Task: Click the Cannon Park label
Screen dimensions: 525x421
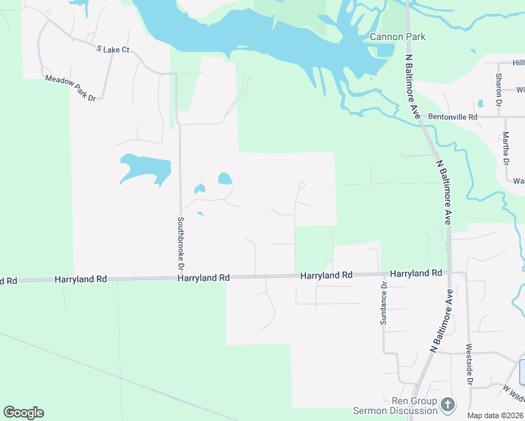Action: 398,36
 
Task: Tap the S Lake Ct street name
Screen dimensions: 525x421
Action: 113,49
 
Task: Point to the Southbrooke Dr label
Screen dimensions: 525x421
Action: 180,243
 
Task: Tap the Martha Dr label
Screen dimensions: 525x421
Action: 505,149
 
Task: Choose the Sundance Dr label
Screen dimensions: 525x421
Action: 384,303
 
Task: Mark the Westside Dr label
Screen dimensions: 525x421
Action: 469,368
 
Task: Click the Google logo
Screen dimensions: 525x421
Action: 23,413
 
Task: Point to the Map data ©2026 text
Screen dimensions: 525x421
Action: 495,415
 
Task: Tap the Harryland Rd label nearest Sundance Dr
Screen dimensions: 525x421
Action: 416,273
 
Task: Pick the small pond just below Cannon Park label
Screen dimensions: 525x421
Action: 385,51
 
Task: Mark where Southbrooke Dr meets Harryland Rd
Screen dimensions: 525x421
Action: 180,278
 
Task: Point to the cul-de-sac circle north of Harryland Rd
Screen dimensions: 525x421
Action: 302,185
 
